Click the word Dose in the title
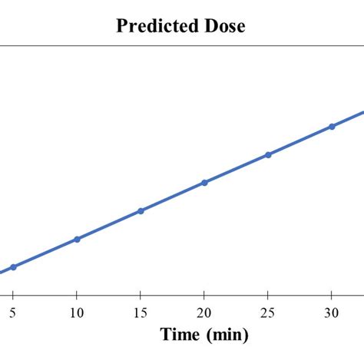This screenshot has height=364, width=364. [x=223, y=26]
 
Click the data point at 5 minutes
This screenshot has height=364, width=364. [x=13, y=266]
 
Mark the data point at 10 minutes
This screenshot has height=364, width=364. [x=77, y=239]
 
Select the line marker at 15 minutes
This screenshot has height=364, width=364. [x=141, y=210]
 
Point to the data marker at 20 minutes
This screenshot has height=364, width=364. [x=204, y=182]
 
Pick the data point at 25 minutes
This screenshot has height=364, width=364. [x=268, y=154]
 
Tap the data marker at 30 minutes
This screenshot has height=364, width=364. [x=332, y=126]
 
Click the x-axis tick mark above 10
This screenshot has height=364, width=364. [x=77, y=296]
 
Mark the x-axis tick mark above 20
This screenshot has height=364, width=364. [x=204, y=296]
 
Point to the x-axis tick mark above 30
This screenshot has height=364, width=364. [x=331, y=296]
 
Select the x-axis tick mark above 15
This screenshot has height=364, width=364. [x=140, y=296]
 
